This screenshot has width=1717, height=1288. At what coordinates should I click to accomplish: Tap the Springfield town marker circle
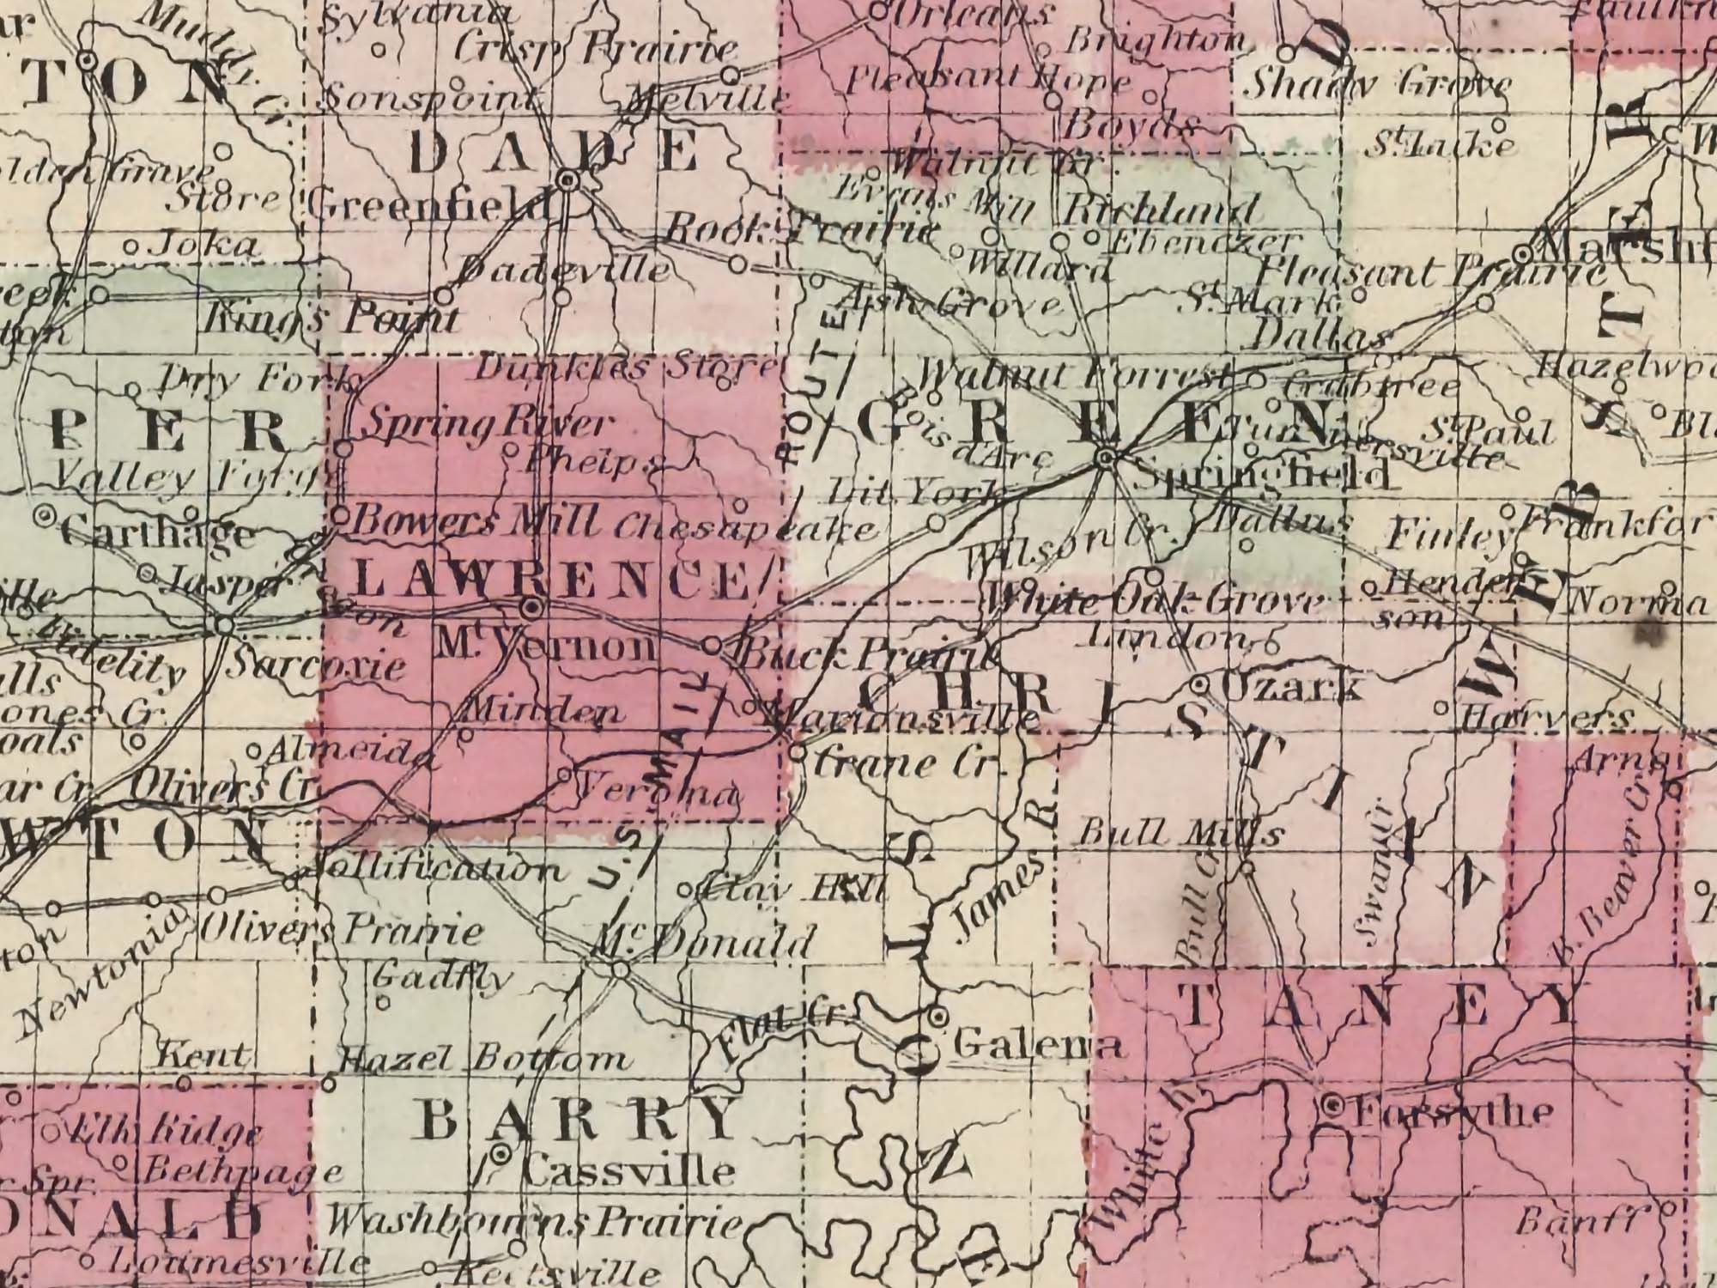coord(1106,458)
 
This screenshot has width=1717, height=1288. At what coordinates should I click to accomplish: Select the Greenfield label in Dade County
coord(427,205)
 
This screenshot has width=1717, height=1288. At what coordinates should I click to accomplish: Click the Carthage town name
coord(159,533)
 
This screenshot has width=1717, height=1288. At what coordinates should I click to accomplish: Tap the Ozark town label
coord(1288,686)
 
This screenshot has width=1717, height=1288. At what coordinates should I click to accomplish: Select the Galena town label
coord(1038,1045)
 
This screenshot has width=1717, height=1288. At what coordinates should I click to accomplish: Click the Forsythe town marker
coord(1332,1107)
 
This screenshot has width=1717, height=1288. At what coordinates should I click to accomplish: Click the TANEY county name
coord(1379,1006)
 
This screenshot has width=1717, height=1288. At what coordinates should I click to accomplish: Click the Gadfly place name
coord(442,976)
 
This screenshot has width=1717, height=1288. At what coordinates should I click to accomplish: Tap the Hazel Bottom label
coord(483,1060)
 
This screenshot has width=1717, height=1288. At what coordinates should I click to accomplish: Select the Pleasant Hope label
coord(989,82)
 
